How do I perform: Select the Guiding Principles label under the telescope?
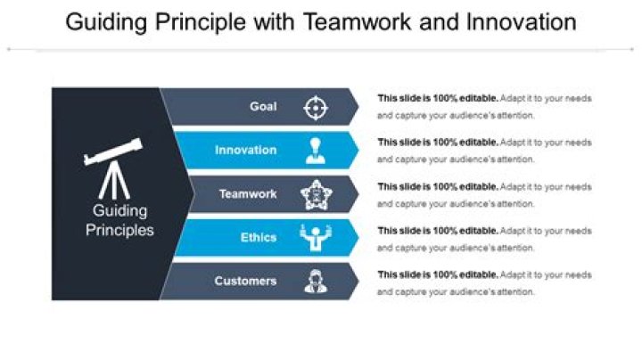[119, 220]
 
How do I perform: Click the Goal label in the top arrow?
[263, 107]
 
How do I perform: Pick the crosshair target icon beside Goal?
[316, 108]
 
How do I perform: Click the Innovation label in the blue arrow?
[246, 150]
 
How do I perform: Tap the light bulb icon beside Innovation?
[316, 151]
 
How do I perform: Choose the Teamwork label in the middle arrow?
[249, 193]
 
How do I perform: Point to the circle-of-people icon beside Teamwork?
[316, 194]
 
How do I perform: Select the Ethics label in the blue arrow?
[259, 237]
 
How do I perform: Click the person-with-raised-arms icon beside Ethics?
[316, 238]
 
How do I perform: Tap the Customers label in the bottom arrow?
[245, 281]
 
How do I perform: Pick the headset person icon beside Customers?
[316, 282]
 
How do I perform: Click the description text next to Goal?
[484, 107]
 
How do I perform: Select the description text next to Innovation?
[484, 151]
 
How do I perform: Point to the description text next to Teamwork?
[484, 194]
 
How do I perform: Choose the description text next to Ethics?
[484, 238]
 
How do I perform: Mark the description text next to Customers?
[484, 282]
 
